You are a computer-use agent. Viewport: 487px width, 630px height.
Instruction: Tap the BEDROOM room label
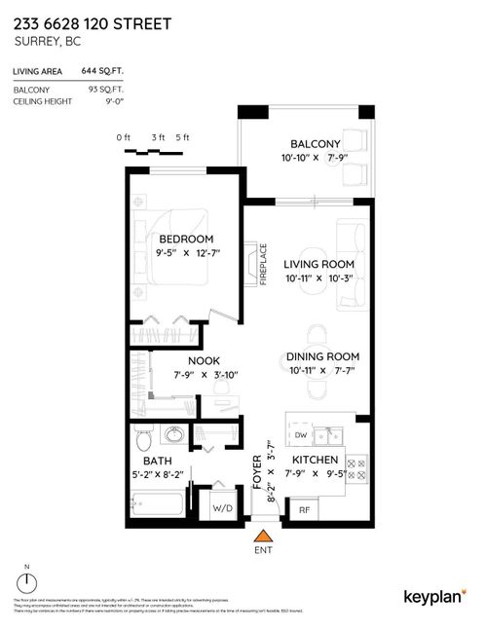click(185, 240)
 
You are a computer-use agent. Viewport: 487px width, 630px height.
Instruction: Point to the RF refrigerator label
click(304, 508)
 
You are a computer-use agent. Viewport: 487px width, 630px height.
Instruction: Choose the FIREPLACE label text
click(262, 263)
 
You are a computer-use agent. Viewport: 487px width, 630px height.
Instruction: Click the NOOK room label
click(203, 360)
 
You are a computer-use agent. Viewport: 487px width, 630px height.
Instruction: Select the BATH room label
click(158, 461)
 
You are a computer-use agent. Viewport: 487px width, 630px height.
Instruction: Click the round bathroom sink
click(176, 434)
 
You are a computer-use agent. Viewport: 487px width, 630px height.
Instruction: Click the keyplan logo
click(433, 596)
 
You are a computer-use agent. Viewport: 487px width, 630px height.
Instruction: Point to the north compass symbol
click(28, 582)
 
